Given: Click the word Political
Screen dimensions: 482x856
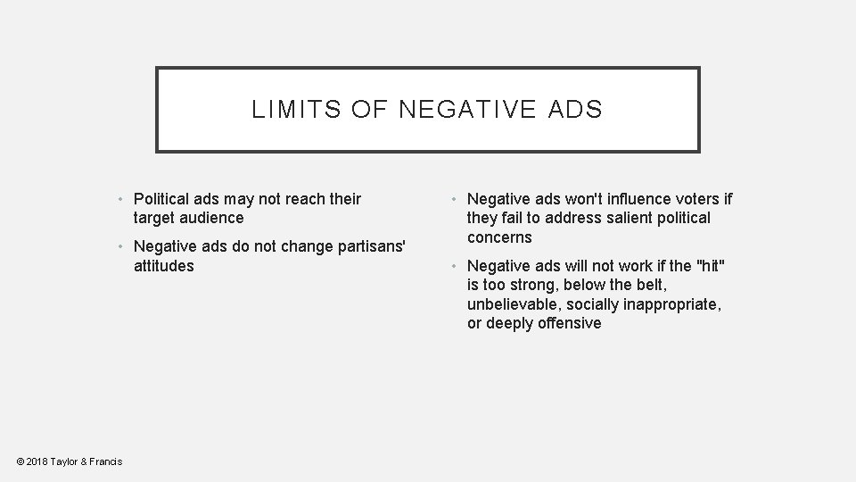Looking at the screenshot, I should (x=163, y=198).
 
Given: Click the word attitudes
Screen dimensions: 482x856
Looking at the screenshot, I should (x=163, y=266).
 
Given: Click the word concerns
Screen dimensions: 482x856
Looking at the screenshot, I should (x=499, y=237).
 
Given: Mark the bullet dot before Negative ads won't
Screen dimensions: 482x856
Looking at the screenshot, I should (x=454, y=198).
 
